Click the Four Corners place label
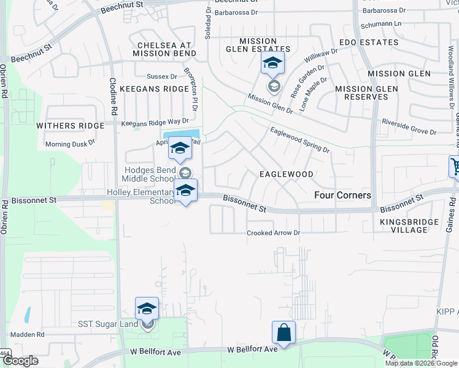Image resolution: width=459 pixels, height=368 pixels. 342,195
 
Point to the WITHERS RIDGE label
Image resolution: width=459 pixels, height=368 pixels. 70,126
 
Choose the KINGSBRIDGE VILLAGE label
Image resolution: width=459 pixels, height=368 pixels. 409,226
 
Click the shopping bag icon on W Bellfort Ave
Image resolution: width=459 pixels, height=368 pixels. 283,333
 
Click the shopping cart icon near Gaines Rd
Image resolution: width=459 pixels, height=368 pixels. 455,166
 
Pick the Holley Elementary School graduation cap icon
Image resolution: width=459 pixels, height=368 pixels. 185,191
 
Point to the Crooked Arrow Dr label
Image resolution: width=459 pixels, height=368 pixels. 273,233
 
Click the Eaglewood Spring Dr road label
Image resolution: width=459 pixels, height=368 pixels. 300,140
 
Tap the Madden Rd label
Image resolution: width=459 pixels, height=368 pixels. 31,335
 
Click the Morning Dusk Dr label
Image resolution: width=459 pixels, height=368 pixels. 71,144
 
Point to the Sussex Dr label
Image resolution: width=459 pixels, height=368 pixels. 161,77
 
